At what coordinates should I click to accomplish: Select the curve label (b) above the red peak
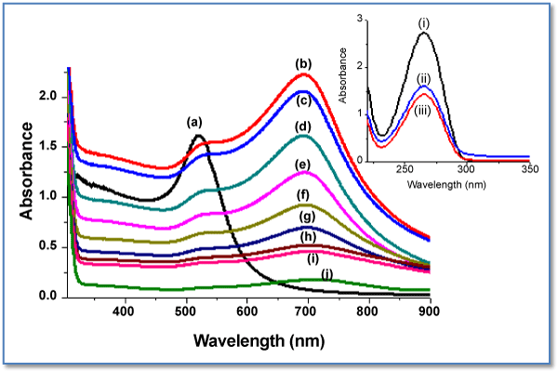click(302, 64)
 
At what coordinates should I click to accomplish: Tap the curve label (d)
click(302, 126)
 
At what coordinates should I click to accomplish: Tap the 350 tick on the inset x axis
click(527, 171)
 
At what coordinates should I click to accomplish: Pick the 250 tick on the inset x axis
click(405, 171)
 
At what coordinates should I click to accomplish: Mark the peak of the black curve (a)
click(199, 136)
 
